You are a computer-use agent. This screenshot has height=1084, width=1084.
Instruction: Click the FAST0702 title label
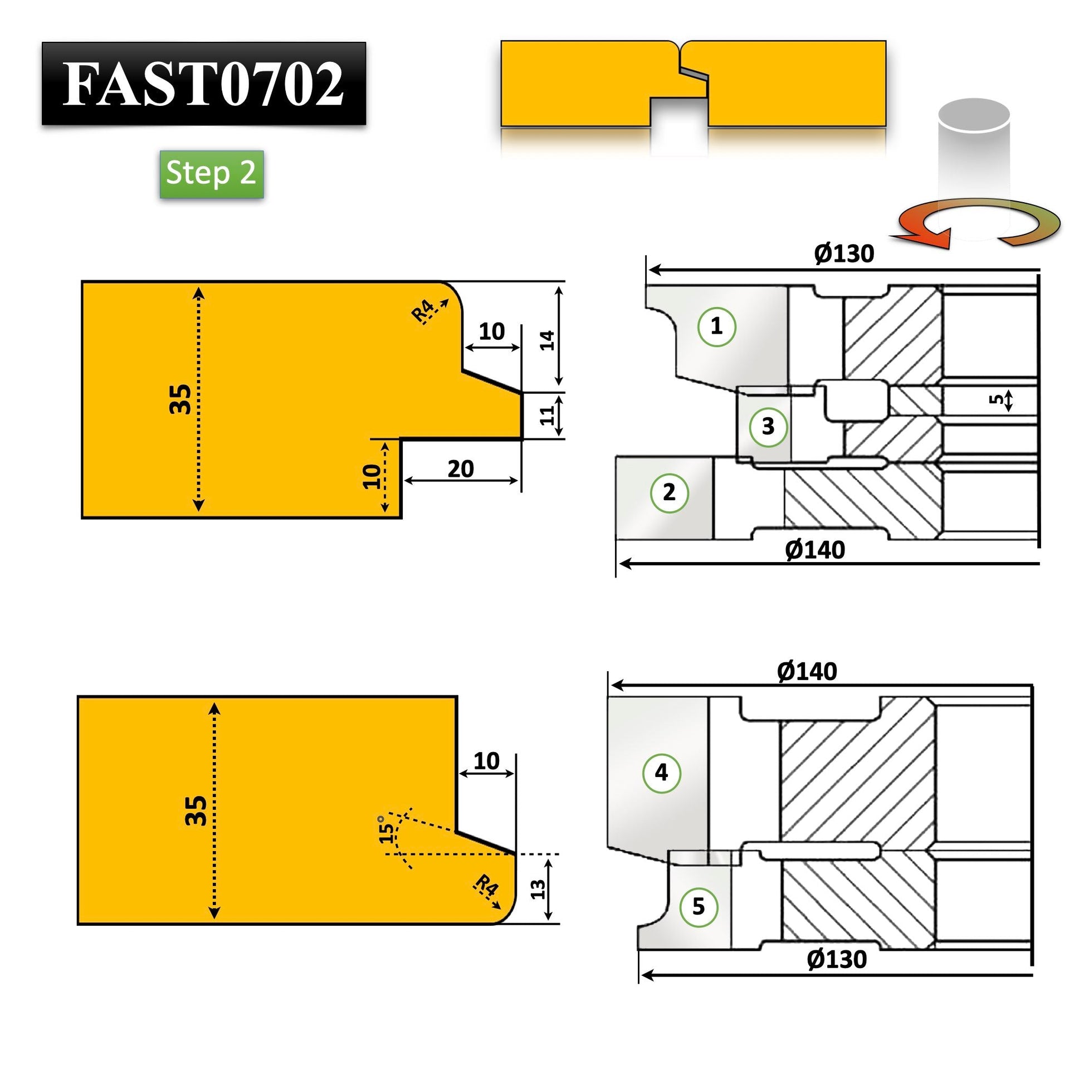pyautogui.click(x=203, y=84)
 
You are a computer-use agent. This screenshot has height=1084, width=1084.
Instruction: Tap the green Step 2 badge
pyautogui.click(x=212, y=173)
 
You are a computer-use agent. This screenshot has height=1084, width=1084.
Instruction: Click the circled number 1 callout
pyautogui.click(x=716, y=326)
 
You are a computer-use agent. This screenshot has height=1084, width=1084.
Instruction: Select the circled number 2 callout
pyautogui.click(x=670, y=492)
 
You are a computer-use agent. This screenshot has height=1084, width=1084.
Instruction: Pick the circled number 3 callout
pyautogui.click(x=768, y=427)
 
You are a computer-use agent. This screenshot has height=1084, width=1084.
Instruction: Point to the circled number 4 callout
pyautogui.click(x=662, y=773)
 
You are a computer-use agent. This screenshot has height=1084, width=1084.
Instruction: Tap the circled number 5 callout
pyautogui.click(x=699, y=906)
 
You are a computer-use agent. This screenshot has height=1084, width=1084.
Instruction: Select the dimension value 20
pyautogui.click(x=461, y=468)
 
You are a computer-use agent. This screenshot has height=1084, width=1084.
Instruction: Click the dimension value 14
pyautogui.click(x=547, y=340)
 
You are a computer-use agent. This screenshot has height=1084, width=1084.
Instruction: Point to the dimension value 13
pyautogui.click(x=538, y=888)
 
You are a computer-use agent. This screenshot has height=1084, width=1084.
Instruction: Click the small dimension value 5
pyautogui.click(x=997, y=399)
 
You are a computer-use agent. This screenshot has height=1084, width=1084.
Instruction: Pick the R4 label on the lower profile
pyautogui.click(x=486, y=886)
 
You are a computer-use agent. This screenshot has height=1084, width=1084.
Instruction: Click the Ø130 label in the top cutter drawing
pyautogui.click(x=844, y=254)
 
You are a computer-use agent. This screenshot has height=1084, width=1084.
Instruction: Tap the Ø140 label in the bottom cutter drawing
pyautogui.click(x=807, y=672)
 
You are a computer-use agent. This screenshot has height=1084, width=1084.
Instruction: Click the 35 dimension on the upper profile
pyautogui.click(x=180, y=399)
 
